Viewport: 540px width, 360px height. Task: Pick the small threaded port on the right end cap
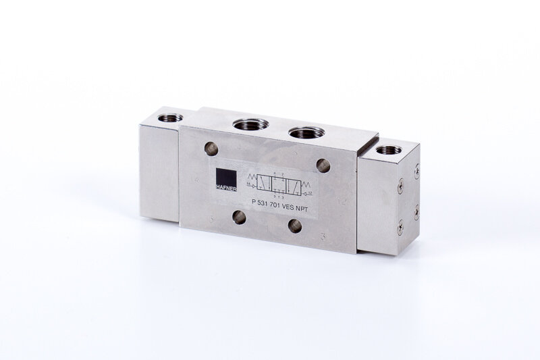388,149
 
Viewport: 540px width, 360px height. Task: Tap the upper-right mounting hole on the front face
323,165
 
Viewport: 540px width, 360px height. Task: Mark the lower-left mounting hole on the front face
238,216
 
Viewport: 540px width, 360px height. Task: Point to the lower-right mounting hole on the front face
295,226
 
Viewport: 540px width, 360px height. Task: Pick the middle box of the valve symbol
283,184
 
